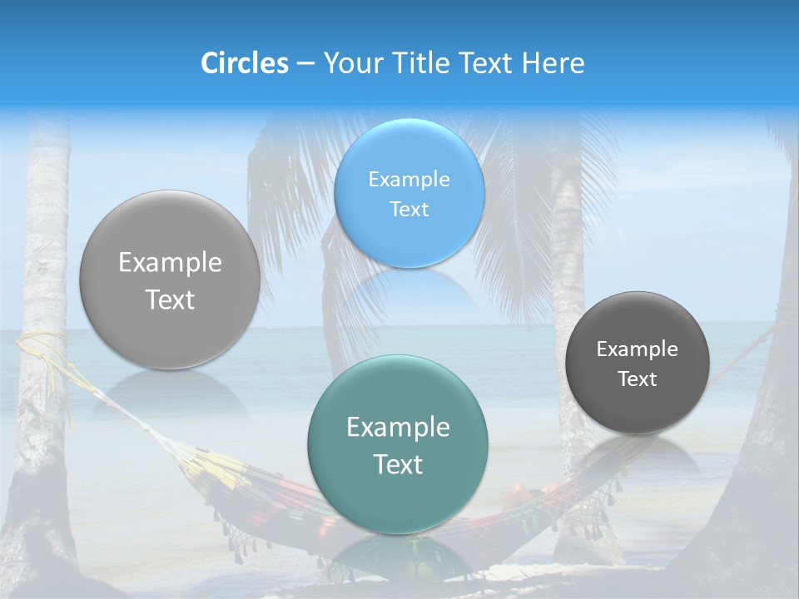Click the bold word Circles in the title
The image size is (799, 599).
pos(245,63)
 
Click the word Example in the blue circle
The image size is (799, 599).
pos(409,179)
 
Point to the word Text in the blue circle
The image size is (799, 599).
pos(409,209)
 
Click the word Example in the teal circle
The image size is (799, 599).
pos(398,428)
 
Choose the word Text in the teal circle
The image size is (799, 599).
pos(398,464)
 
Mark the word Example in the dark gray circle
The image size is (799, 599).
pos(638,349)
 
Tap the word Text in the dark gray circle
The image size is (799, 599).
pos(638,379)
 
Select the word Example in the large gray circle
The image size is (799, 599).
pos(170,263)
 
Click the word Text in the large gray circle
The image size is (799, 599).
pos(170,299)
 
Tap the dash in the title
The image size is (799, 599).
pos(305,64)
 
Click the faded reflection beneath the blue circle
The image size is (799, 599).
pos(409,295)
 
